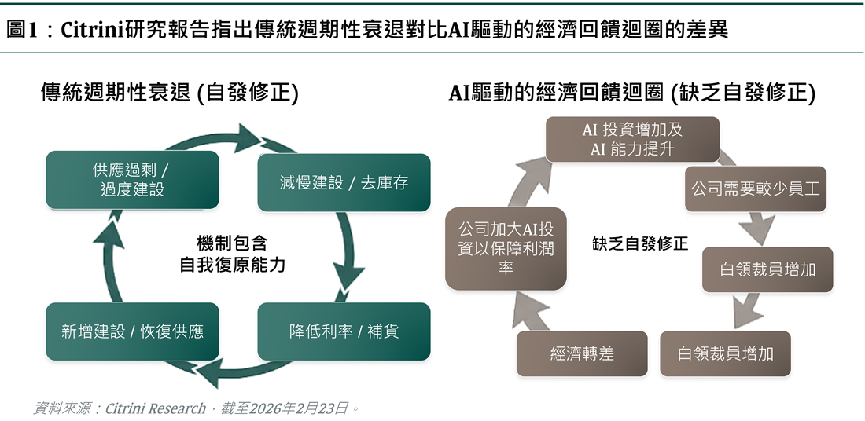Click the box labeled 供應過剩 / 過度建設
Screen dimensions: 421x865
[x=132, y=180]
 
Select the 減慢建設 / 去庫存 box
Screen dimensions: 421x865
[x=344, y=182]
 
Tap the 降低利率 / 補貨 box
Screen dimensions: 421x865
[x=344, y=331]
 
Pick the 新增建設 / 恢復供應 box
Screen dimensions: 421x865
[x=132, y=331]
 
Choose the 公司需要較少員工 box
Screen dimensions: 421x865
[x=755, y=189]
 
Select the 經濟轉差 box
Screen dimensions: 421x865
[x=582, y=353]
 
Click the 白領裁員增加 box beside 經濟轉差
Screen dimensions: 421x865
[x=725, y=353]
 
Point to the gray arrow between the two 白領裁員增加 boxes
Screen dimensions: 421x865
[x=747, y=310]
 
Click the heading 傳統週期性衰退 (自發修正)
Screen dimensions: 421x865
[x=169, y=93]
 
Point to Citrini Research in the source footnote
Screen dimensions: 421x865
[x=155, y=408]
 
